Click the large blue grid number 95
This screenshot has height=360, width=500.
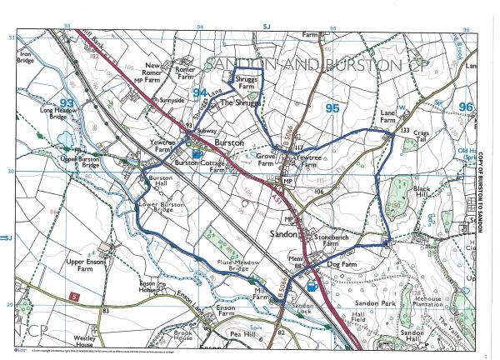click(332, 108)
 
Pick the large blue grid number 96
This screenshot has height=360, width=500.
click(464, 107)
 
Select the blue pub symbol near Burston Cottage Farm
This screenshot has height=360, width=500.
click(197, 153)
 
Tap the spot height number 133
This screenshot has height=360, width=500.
click(405, 131)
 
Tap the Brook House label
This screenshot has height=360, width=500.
click(184, 334)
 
